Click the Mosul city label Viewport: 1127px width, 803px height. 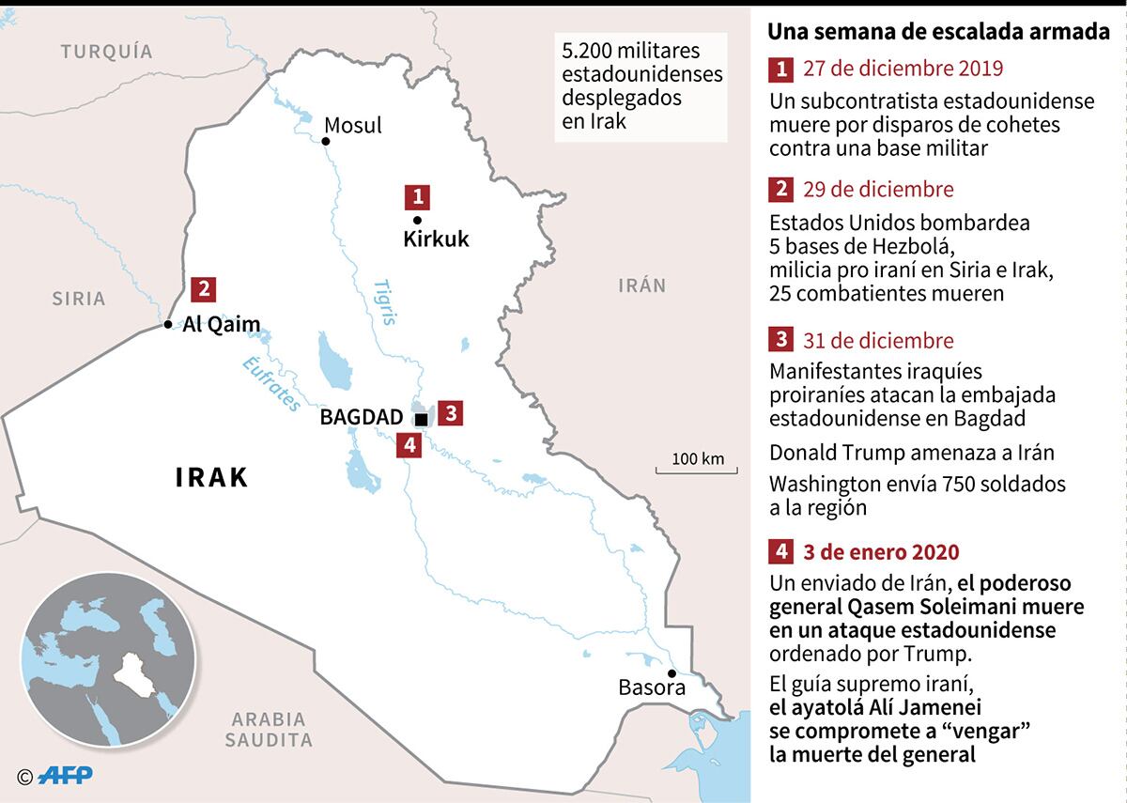352,126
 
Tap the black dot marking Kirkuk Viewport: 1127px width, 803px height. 405,220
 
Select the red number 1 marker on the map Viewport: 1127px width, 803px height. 417,196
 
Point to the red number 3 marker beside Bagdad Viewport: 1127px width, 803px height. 450,412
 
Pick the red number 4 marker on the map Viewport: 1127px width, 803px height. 408,444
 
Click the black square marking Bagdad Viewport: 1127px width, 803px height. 421,419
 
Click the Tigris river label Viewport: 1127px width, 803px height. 384,301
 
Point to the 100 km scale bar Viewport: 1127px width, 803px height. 698,465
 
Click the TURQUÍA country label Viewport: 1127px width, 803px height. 106,52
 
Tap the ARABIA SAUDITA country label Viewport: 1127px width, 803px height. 268,730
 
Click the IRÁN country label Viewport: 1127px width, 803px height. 641,286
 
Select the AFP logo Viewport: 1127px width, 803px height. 63,776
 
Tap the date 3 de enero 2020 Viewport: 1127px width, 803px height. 881,551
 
